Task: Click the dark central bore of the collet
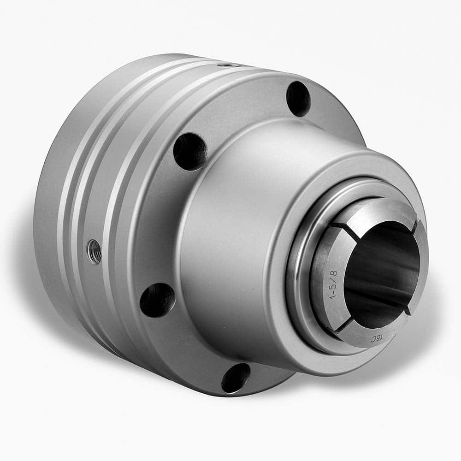(x=378, y=272)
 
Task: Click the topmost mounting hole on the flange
(x=298, y=98)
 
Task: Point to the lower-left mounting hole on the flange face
(x=157, y=300)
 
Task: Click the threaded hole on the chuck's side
(x=95, y=251)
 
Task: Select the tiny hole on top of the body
(x=225, y=66)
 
